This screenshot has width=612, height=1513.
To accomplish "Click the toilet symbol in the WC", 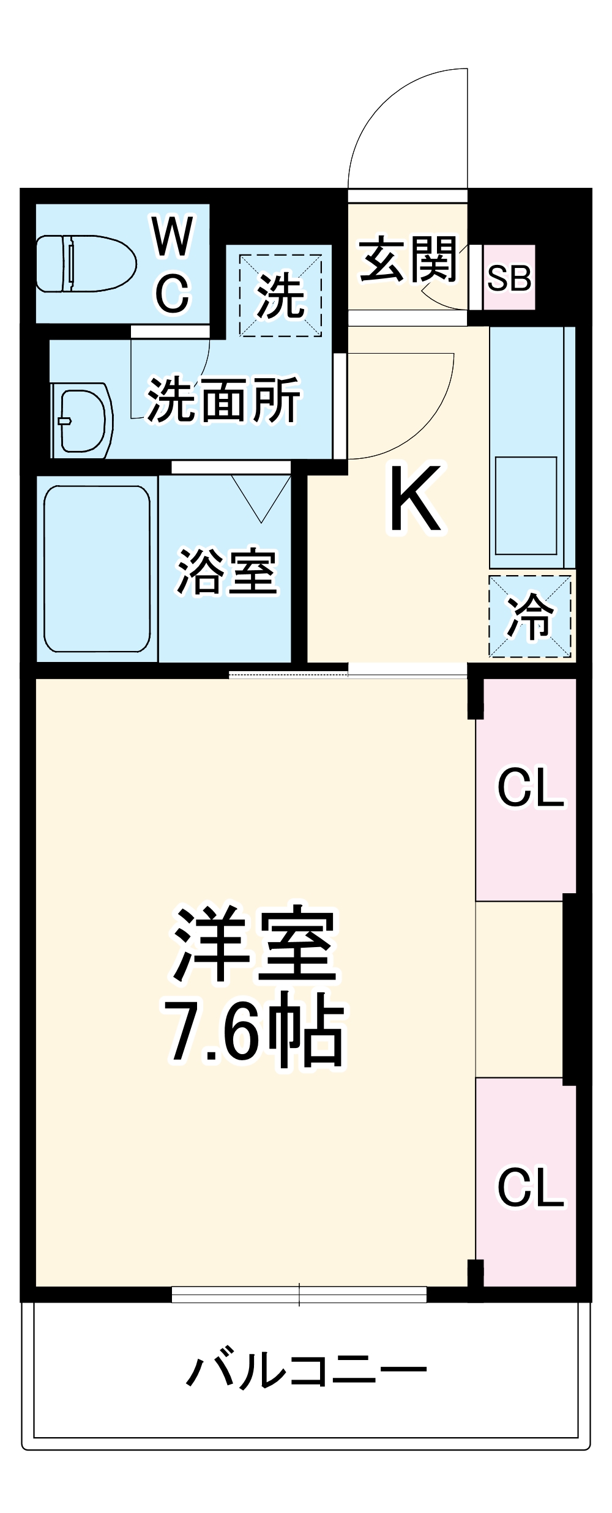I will point(86,264).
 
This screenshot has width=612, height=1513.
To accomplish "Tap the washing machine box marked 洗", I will point(280,296).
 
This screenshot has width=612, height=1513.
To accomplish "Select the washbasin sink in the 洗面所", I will point(82,420).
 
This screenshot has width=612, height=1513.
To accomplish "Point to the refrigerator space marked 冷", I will point(530,616).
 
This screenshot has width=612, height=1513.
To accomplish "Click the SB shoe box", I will point(509,278).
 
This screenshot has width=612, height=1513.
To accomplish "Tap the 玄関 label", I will point(408,259).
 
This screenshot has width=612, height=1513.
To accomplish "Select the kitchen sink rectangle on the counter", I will point(526,505).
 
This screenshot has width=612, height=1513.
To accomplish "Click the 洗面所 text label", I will point(223,401).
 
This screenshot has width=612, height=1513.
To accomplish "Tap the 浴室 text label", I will point(227,571).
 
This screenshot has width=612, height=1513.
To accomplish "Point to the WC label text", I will point(173,264).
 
